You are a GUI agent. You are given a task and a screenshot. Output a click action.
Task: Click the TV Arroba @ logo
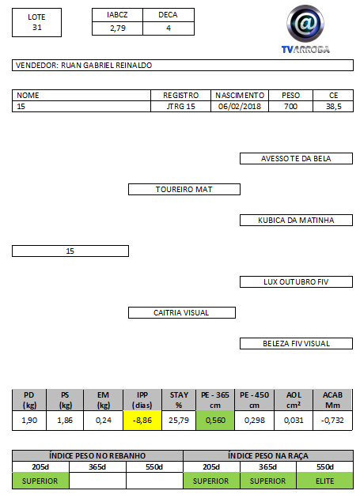click(305, 28)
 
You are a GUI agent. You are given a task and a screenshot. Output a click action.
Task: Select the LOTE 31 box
click(37, 22)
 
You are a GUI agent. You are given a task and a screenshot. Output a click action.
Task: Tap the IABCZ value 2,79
click(118, 28)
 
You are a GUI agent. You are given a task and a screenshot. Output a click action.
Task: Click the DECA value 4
click(169, 28)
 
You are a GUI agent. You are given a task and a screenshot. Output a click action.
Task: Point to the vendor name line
click(183, 66)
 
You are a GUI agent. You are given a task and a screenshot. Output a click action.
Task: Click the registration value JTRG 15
click(180, 106)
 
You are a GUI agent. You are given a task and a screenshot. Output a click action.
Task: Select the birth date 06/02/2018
click(240, 106)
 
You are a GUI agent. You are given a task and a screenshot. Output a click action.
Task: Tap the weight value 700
click(290, 106)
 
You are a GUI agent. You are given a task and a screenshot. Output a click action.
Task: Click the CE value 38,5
click(333, 106)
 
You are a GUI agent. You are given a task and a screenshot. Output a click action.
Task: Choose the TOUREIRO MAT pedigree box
click(184, 189)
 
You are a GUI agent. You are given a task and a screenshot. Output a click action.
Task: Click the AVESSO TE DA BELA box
click(296, 158)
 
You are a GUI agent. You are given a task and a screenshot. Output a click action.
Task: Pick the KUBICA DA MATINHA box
click(296, 221)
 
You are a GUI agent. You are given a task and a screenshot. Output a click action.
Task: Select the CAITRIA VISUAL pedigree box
click(182, 313)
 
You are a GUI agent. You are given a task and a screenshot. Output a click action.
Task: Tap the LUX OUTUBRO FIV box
click(296, 281)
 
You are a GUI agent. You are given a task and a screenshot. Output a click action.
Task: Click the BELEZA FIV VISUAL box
click(296, 344)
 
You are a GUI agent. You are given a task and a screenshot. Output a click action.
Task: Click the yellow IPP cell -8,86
click(142, 420)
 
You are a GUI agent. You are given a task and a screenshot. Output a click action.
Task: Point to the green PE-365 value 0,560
click(215, 420)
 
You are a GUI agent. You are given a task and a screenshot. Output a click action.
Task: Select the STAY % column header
click(179, 400)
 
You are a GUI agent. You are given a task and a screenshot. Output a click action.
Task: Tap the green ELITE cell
click(324, 481)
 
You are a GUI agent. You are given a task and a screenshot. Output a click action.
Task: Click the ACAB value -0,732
click(332, 420)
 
